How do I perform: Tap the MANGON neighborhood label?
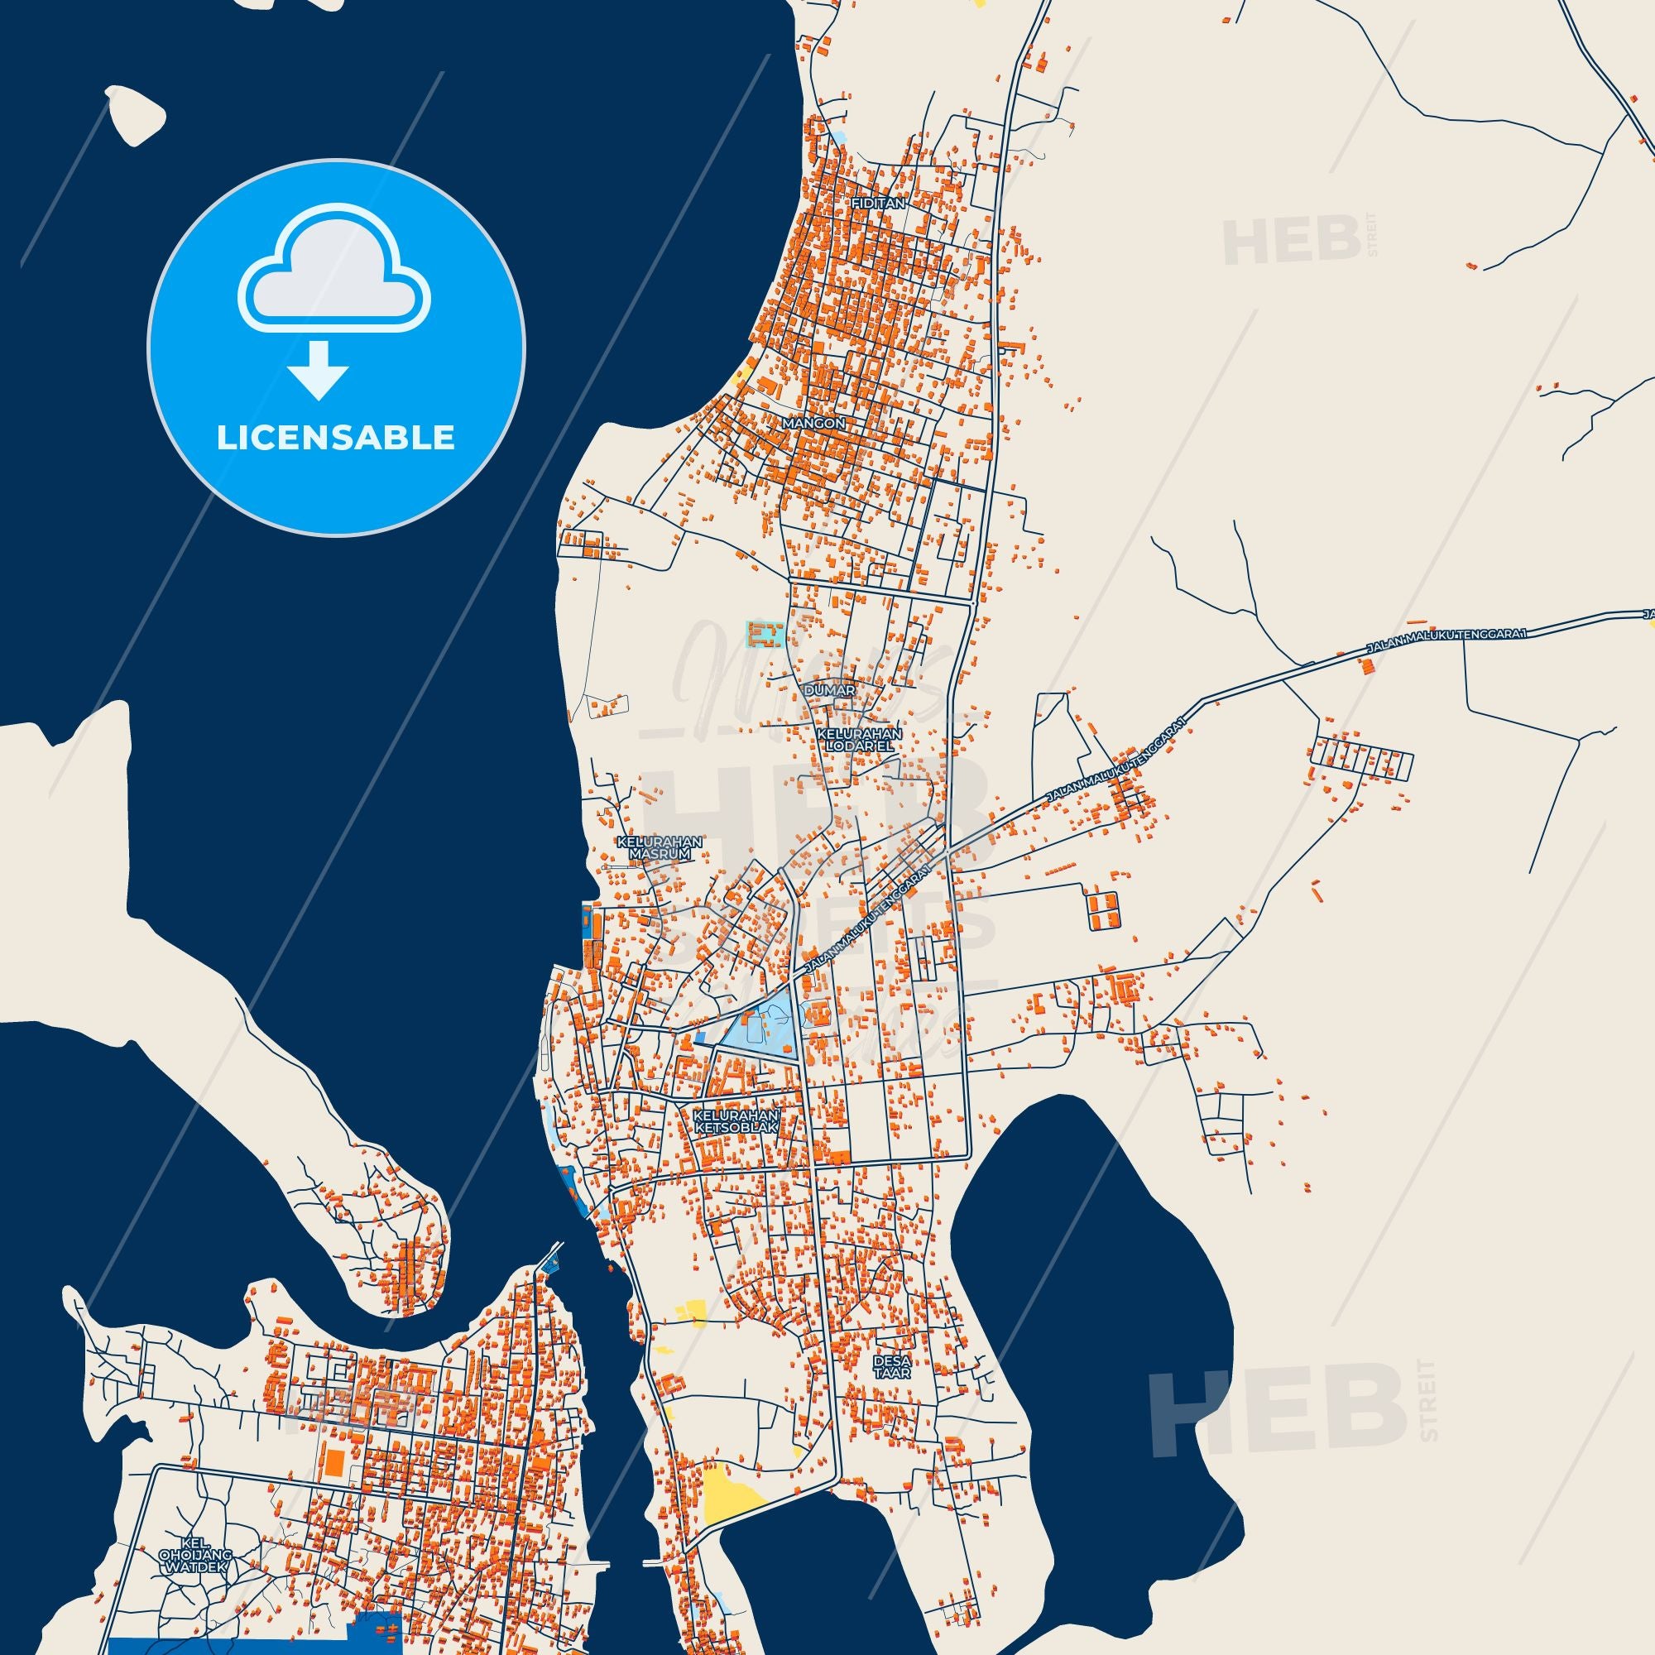click(x=813, y=423)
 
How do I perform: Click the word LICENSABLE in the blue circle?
click(x=335, y=438)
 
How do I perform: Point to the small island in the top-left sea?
click(x=136, y=113)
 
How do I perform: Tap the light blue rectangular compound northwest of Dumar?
click(x=765, y=635)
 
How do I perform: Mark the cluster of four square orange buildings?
click(x=1103, y=909)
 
